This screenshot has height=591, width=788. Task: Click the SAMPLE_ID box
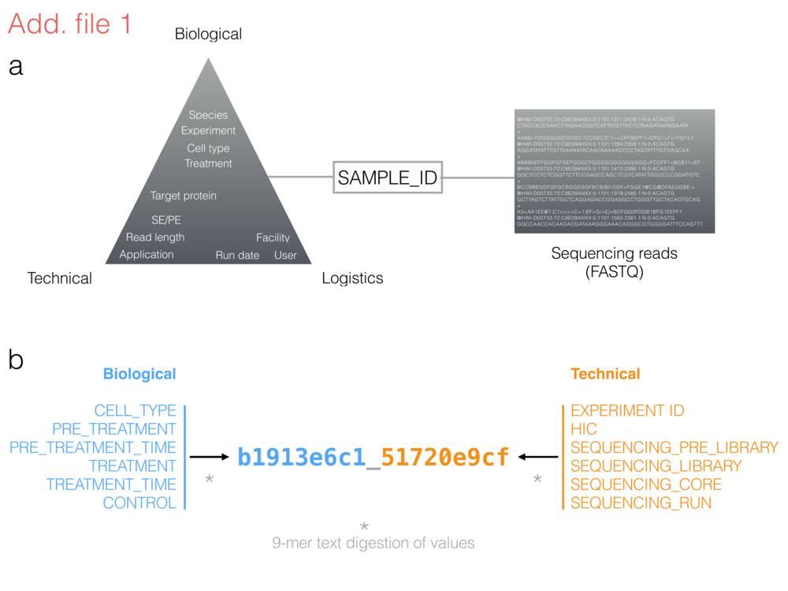click(x=387, y=178)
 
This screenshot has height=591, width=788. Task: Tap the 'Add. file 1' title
click(x=69, y=24)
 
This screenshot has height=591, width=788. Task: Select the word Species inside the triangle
click(x=208, y=115)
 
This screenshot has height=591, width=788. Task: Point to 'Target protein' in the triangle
click(x=184, y=196)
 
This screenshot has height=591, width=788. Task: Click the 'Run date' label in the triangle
click(x=237, y=255)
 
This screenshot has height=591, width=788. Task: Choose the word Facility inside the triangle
click(x=273, y=238)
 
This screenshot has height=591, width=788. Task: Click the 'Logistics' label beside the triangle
click(x=352, y=278)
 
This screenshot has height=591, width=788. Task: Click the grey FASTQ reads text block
click(x=614, y=171)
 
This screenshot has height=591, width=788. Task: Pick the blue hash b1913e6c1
click(x=302, y=457)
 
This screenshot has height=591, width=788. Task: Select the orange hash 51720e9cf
click(x=445, y=457)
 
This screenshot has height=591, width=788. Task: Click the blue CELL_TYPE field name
click(x=136, y=411)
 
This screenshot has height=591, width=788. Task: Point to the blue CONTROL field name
click(x=139, y=503)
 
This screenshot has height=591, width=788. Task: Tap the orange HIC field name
click(x=584, y=429)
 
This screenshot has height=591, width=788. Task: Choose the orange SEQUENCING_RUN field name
click(x=641, y=503)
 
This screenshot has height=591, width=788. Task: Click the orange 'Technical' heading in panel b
click(x=605, y=374)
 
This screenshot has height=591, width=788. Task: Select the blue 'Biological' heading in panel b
click(x=139, y=374)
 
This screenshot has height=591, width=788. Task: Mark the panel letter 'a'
click(x=16, y=68)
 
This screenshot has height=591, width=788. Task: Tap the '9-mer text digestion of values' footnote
click(x=373, y=543)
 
